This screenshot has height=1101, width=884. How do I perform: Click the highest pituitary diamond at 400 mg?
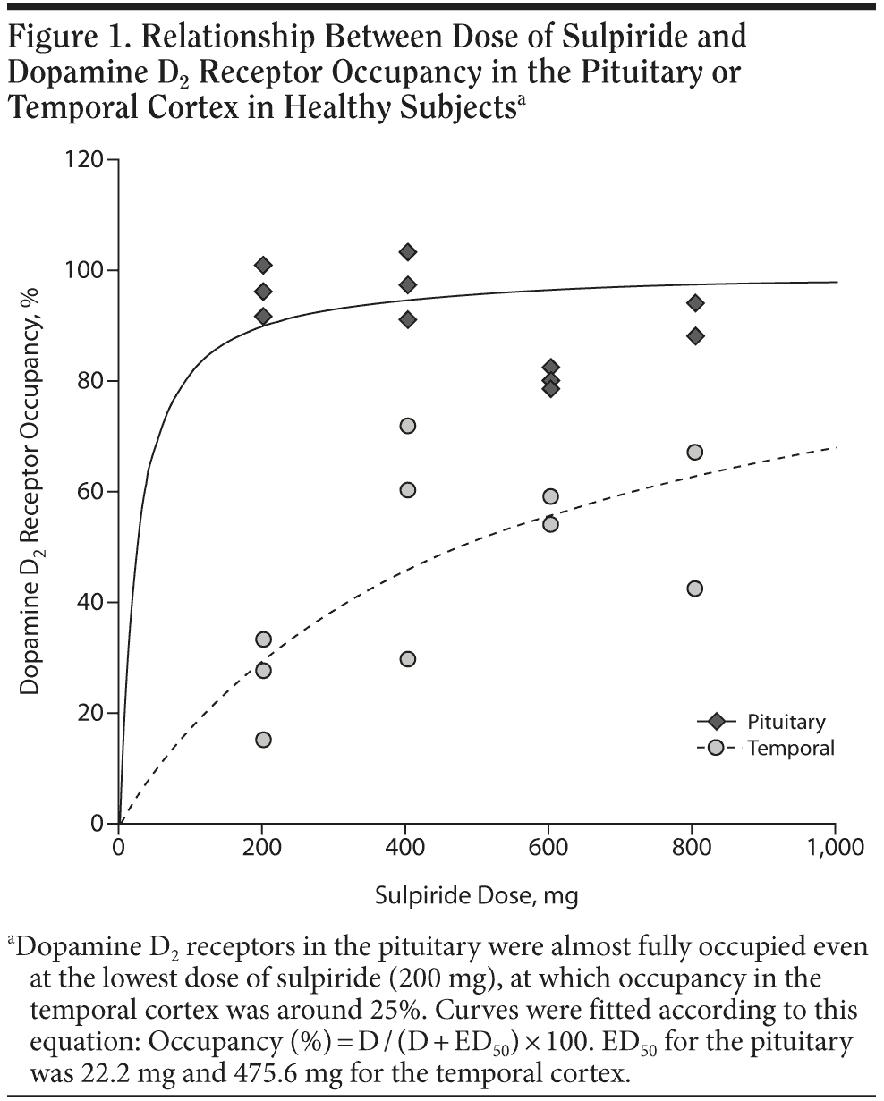(407, 252)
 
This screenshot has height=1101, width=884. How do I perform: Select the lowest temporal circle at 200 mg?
(263, 740)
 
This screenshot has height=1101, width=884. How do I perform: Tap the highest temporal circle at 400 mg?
(407, 426)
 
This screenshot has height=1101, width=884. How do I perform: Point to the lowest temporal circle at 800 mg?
(694, 589)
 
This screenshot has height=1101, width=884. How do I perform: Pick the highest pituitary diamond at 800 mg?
(694, 303)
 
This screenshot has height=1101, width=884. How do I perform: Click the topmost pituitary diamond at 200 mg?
(263, 265)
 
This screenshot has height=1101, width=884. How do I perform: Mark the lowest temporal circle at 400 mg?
(407, 659)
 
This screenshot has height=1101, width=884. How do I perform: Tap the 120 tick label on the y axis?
(87, 161)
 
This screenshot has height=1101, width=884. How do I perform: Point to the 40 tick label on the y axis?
(93, 603)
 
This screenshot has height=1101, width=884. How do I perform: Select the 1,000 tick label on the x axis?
(836, 847)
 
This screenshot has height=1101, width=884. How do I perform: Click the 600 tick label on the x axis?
(549, 847)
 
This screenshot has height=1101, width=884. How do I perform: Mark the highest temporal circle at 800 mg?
(694, 453)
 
